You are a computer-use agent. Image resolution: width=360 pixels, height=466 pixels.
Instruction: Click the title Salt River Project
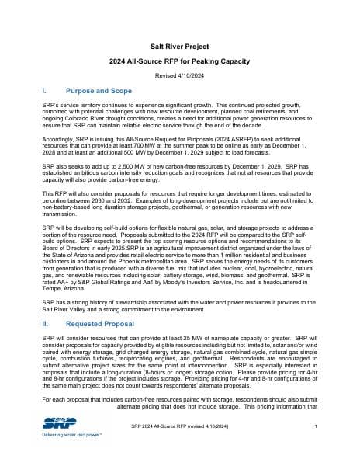180,47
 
